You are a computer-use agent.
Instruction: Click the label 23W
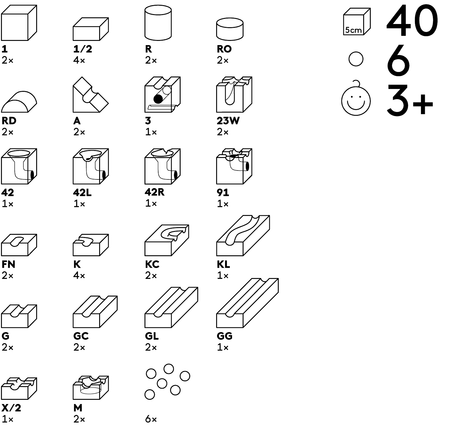pyautogui.click(x=228, y=121)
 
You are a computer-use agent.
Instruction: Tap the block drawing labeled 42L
pyautogui.click(x=91, y=166)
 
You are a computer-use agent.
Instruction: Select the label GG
pyautogui.click(x=224, y=336)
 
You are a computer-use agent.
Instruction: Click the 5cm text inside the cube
pyautogui.click(x=353, y=30)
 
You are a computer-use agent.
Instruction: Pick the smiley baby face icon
pyautogui.click(x=356, y=98)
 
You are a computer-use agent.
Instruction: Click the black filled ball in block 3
pyautogui.click(x=158, y=99)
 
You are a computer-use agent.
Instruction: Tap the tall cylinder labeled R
pyautogui.click(x=158, y=23)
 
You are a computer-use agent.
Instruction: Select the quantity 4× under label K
pyautogui.click(x=79, y=276)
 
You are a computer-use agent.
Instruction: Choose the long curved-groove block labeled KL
pyautogui.click(x=243, y=235)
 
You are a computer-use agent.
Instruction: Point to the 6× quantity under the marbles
pyautogui.click(x=151, y=419)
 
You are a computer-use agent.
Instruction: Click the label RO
pyautogui.click(x=224, y=49)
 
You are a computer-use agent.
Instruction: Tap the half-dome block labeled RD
pyautogui.click(x=19, y=102)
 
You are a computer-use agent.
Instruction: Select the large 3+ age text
pyautogui.click(x=410, y=100)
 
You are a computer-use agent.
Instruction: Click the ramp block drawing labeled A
pyautogui.click(x=90, y=95)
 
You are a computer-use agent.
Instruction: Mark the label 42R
pyautogui.click(x=154, y=192)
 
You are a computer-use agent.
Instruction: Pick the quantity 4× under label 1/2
pyautogui.click(x=79, y=60)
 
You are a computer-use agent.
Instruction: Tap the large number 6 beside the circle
pyautogui.click(x=398, y=60)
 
